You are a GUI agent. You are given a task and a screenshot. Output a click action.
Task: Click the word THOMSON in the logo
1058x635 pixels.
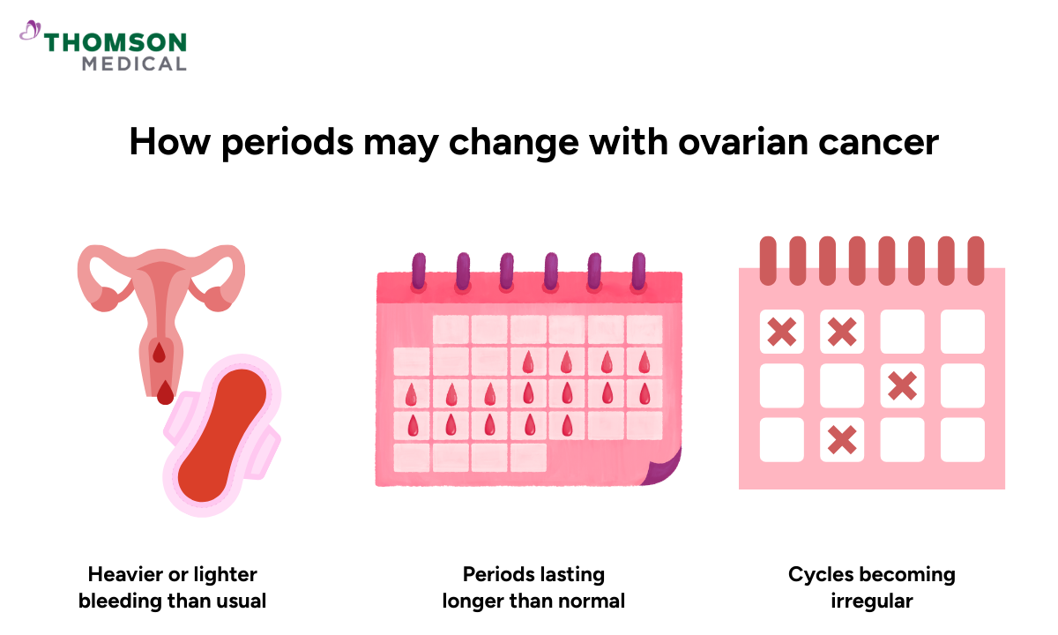point(115,42)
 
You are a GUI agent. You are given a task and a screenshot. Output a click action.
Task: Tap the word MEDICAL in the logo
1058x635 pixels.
point(134,63)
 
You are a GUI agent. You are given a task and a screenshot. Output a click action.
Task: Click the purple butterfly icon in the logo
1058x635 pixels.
point(31,32)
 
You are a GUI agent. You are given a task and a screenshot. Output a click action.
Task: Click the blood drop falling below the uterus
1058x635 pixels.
point(165,393)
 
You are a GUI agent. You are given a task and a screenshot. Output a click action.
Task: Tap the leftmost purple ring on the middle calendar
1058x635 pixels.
point(418,273)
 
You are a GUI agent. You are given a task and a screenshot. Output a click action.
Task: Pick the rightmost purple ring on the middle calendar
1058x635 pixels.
point(639,273)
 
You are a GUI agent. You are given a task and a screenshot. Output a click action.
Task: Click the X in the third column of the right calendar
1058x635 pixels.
point(902,385)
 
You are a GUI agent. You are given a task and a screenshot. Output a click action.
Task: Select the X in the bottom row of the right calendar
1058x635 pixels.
point(842,438)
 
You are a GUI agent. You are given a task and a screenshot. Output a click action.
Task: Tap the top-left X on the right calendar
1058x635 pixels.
point(782,332)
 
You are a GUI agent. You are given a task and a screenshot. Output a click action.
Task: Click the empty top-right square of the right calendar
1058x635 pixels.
point(962,332)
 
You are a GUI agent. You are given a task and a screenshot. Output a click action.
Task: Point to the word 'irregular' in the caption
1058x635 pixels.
point(871,601)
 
